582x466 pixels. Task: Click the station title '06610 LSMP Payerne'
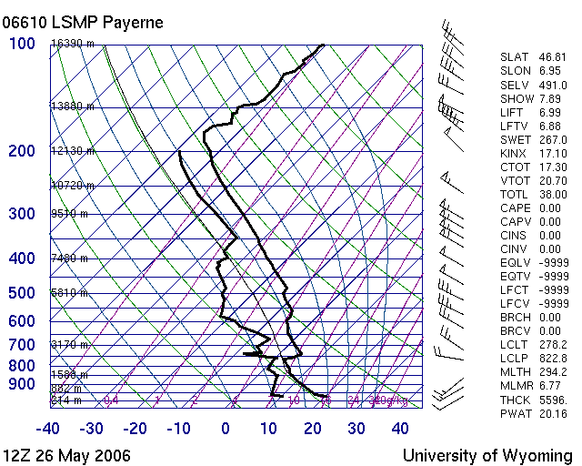[84, 22]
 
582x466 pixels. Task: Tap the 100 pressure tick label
[22, 44]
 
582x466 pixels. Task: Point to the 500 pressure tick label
[22, 293]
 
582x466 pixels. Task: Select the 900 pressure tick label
[22, 385]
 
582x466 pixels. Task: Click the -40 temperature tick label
[48, 429]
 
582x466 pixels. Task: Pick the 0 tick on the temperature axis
[226, 429]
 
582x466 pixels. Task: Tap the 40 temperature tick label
[401, 429]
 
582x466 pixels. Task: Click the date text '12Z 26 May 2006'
[66, 455]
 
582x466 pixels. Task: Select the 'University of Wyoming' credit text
[487, 455]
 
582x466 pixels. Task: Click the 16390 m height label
[72, 44]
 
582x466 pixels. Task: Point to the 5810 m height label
[69, 293]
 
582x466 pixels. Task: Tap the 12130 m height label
[72, 151]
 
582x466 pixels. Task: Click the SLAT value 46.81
[552, 57]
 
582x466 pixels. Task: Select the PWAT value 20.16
[552, 412]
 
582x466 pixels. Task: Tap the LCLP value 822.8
[552, 371]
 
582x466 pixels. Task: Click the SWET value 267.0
[552, 139]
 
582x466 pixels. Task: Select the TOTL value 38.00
[552, 194]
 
